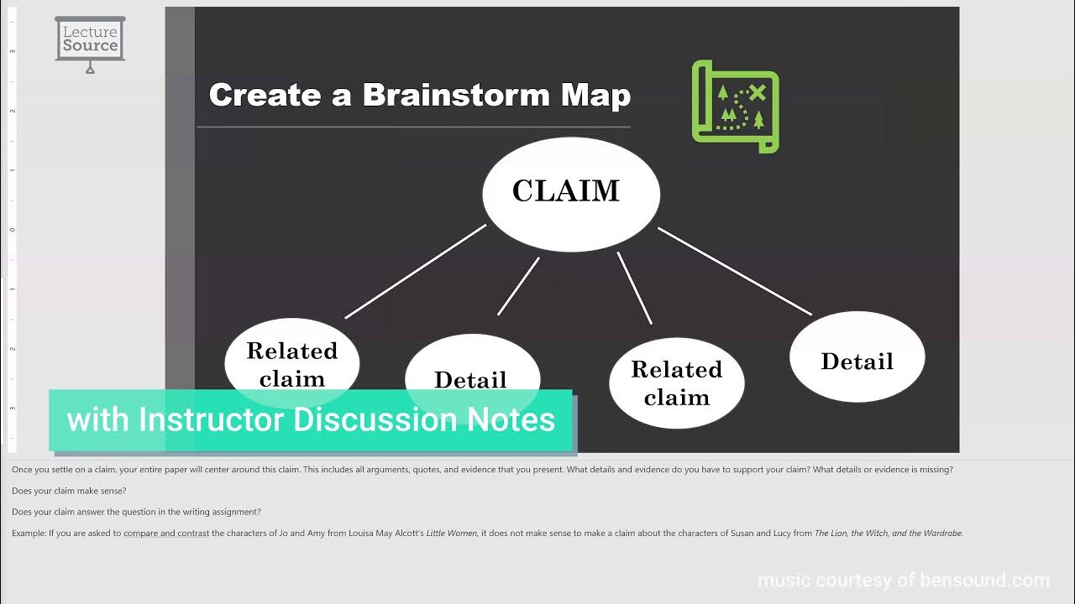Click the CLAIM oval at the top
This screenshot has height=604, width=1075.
pos(570,193)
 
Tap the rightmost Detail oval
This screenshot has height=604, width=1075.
pos(857,360)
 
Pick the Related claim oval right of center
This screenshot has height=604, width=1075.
pos(676,383)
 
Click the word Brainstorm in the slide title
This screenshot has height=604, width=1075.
pos(457,95)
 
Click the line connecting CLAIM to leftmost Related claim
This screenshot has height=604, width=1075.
pos(416,272)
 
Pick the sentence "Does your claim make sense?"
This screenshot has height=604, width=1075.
pos(69,491)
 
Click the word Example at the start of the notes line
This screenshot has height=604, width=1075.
pos(29,533)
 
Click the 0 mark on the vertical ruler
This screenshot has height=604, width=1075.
pos(13,230)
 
